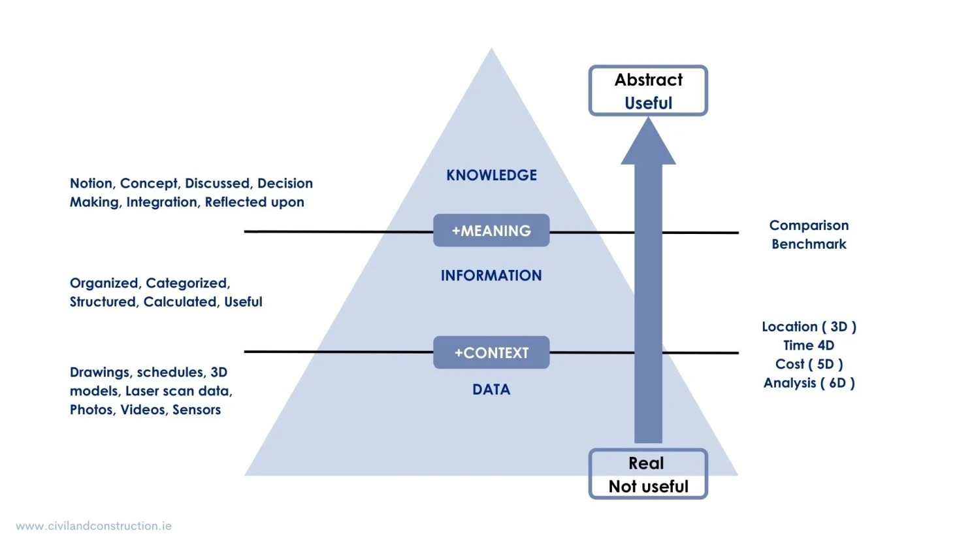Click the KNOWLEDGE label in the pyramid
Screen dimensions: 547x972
pos(491,175)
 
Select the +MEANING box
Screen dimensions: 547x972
pos(491,231)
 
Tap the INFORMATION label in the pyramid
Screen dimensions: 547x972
pos(491,276)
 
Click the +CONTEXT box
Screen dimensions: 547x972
pos(491,353)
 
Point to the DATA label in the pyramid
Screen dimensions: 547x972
pos(491,390)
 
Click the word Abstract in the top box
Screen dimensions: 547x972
pos(648,80)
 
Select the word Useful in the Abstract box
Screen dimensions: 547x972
pos(648,103)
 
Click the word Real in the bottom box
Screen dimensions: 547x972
pos(646,463)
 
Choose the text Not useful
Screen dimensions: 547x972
pos(648,487)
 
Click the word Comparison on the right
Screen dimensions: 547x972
pos(809,225)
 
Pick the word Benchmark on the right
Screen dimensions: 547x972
pos(809,244)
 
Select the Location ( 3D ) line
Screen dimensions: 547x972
pos(809,327)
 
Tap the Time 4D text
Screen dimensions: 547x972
pos(809,346)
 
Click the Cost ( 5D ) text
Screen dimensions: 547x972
pos(809,364)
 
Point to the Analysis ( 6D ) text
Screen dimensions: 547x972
pos(809,383)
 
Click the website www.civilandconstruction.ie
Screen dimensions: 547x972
pos(93,526)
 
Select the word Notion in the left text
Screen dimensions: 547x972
pos(91,184)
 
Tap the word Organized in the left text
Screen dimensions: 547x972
pos(104,283)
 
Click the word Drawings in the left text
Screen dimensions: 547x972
pos(100,373)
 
